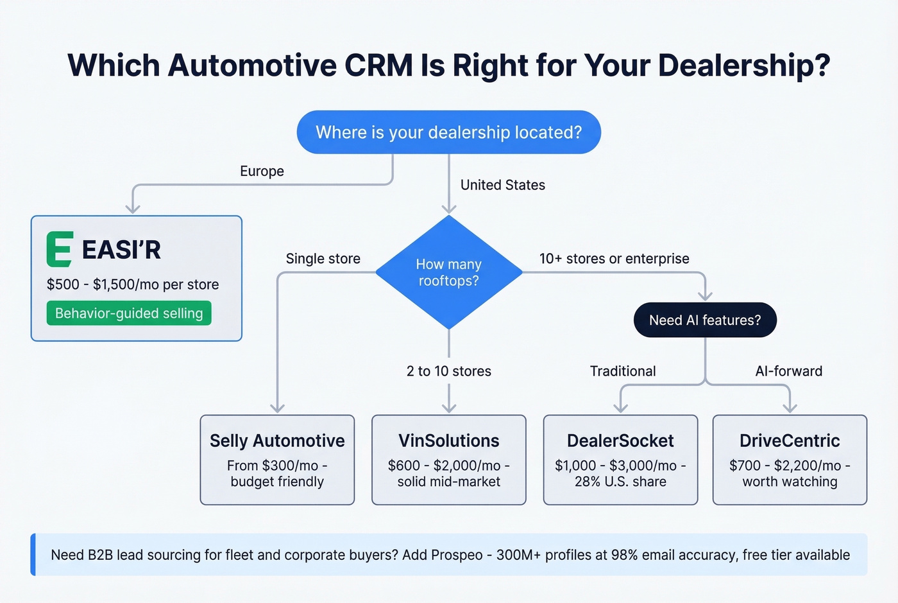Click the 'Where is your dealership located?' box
point(448,132)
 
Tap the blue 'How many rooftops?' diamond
point(448,272)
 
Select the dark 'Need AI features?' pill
point(705,320)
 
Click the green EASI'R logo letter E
point(59,249)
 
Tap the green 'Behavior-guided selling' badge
point(129,313)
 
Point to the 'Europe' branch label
point(262,171)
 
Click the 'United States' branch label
point(502,185)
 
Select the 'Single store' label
point(323,259)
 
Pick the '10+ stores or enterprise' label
point(614,259)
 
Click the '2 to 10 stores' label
point(448,371)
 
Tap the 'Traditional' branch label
point(622,371)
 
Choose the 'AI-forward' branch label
point(788,371)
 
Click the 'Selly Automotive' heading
point(277,441)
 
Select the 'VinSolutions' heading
point(448,441)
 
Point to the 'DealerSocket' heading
point(620,441)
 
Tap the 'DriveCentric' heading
point(790,441)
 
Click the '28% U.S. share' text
point(620,482)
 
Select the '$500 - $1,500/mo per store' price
point(133,284)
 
